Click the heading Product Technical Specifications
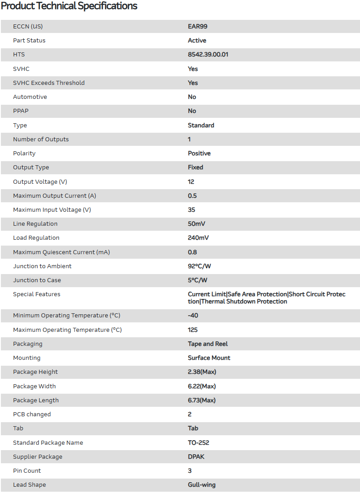pyautogui.click(x=69, y=6)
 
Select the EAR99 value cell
pyautogui.click(x=198, y=26)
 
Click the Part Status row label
pyautogui.click(x=29, y=41)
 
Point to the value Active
pyautogui.click(x=197, y=41)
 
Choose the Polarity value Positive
pyautogui.click(x=199, y=154)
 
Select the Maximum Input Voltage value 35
pyautogui.click(x=192, y=210)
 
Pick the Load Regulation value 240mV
pyautogui.click(x=198, y=238)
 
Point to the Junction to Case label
pyautogui.click(x=37, y=280)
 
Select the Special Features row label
pyautogui.click(x=37, y=294)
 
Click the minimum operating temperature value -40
pyautogui.click(x=193, y=316)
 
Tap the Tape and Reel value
pyautogui.click(x=208, y=344)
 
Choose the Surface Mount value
pyautogui.click(x=209, y=358)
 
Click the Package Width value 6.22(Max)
pyautogui.click(x=202, y=386)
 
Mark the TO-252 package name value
pyautogui.click(x=198, y=443)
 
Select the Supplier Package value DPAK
pyautogui.click(x=196, y=457)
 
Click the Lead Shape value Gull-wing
pyautogui.click(x=202, y=485)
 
